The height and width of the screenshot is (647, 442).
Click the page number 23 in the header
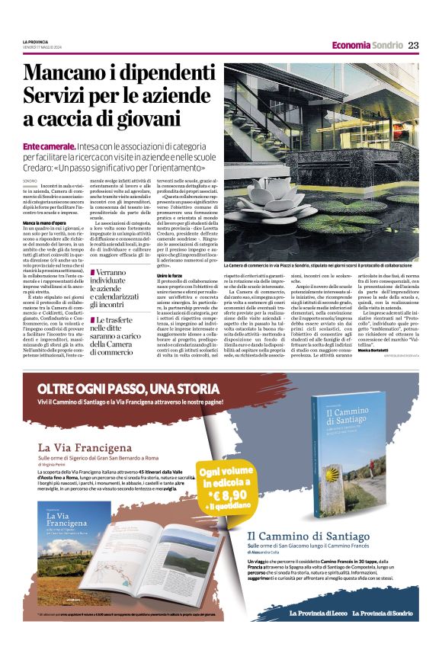413,45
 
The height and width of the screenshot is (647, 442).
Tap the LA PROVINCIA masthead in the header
34,41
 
